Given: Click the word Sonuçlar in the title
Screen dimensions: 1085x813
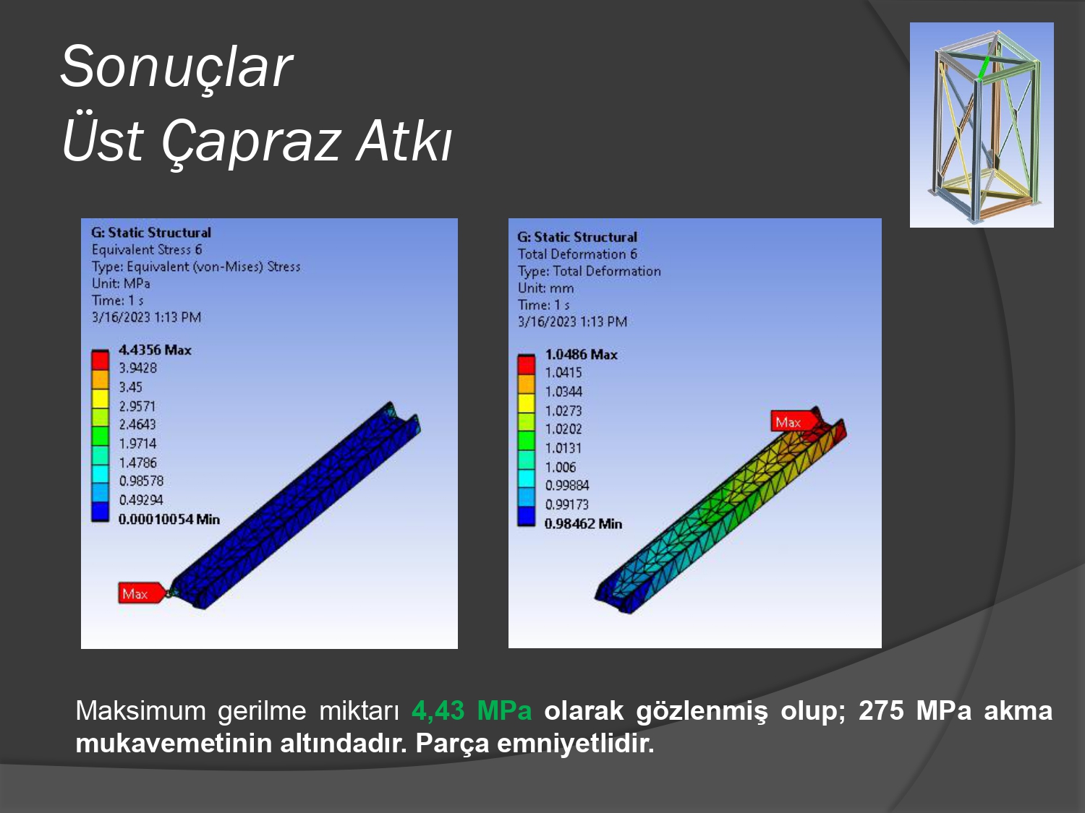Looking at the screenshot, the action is click(x=176, y=66).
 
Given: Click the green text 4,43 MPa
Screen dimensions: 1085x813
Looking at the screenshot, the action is click(x=472, y=711).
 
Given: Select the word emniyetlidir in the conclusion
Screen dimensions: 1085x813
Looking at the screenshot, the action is click(x=575, y=743).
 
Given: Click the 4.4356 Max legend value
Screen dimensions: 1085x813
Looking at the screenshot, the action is click(x=155, y=350).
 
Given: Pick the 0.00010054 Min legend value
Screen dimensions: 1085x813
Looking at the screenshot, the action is click(x=169, y=520).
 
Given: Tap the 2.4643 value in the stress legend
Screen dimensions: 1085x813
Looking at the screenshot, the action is click(x=137, y=424).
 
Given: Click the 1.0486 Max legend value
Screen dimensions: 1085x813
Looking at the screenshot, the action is click(x=582, y=354).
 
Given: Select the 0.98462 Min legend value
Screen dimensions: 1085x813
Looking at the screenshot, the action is click(x=583, y=524).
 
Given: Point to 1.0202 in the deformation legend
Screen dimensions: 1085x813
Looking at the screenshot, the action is click(x=563, y=429).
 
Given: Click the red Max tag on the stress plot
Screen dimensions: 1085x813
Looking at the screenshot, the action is click(x=141, y=593).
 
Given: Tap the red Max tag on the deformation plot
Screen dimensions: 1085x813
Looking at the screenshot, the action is click(x=793, y=422).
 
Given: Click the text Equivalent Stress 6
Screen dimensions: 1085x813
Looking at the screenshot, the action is click(x=147, y=250).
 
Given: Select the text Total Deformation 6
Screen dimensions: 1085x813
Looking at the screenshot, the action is click(x=577, y=254).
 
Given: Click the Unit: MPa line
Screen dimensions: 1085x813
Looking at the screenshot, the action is click(x=121, y=284).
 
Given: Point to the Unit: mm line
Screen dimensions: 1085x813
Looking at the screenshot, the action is click(x=545, y=288).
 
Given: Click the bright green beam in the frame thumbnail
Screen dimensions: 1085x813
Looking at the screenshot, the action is click(x=984, y=67).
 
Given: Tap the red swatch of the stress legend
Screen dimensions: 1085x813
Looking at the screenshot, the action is click(x=101, y=360).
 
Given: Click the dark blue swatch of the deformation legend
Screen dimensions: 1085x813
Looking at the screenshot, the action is click(x=527, y=516).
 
